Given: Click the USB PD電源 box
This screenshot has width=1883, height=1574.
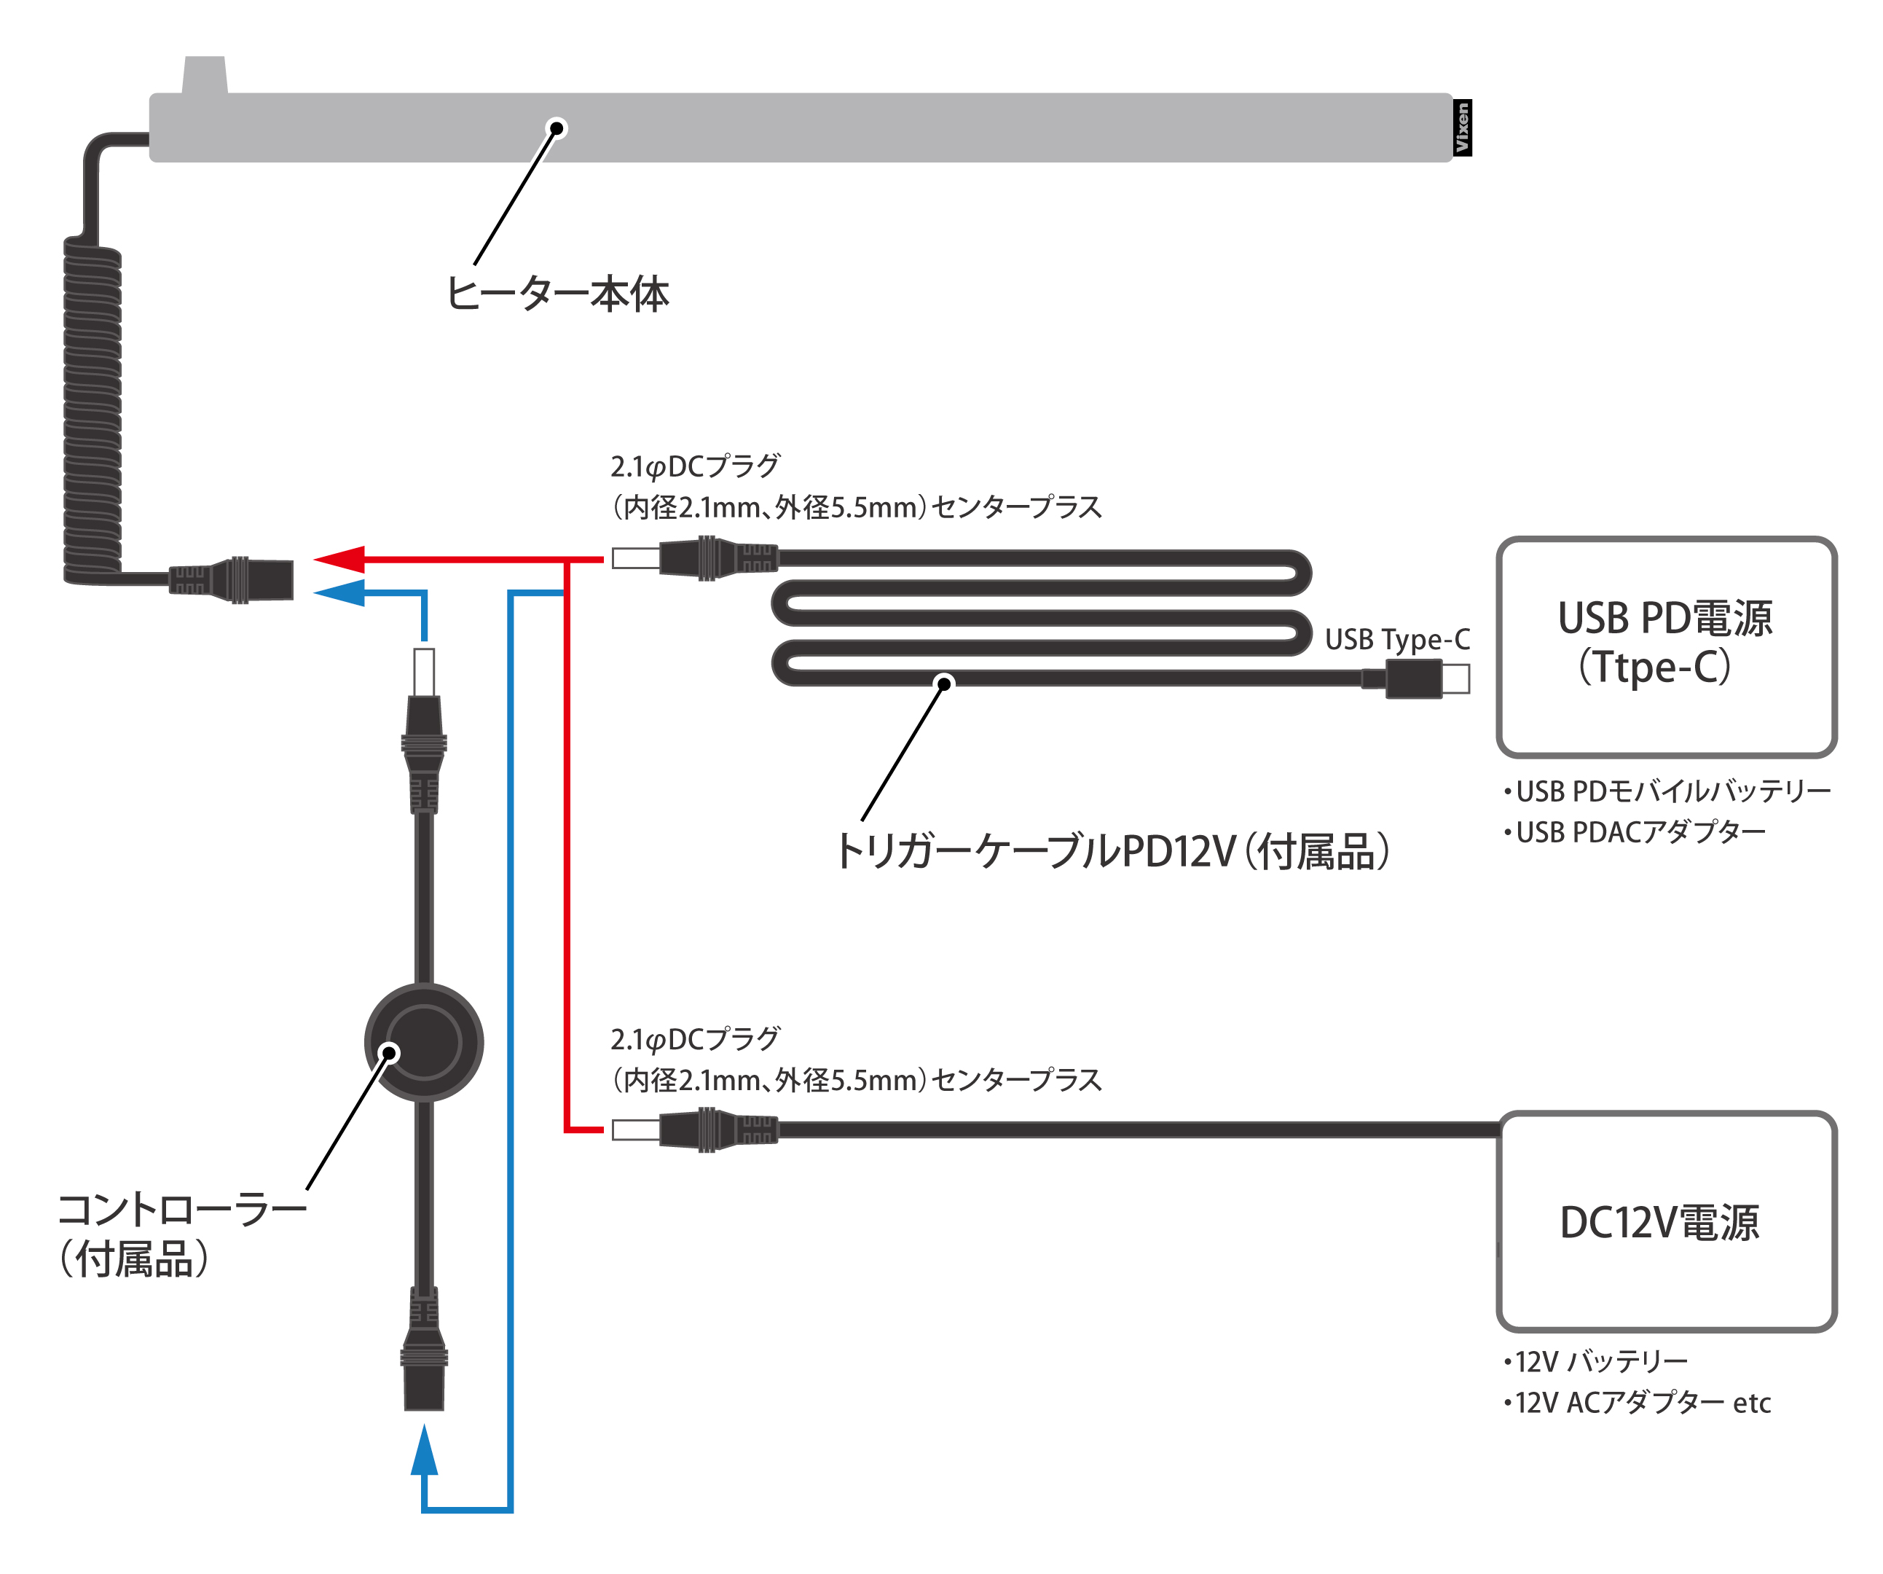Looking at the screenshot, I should click(1666, 646).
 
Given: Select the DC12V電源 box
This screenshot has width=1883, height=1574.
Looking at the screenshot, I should click(1666, 1221).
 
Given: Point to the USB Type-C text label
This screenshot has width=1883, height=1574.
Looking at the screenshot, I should click(1397, 640).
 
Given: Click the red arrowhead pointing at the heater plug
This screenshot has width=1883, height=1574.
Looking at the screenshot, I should click(340, 559).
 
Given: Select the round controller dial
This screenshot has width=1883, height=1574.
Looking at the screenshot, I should click(424, 1042).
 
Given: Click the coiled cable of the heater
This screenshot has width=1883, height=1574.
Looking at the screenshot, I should click(93, 412).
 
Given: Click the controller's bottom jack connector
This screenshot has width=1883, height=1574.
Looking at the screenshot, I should click(424, 1354).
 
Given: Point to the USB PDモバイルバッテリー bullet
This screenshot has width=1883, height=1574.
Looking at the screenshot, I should click(1668, 791).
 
